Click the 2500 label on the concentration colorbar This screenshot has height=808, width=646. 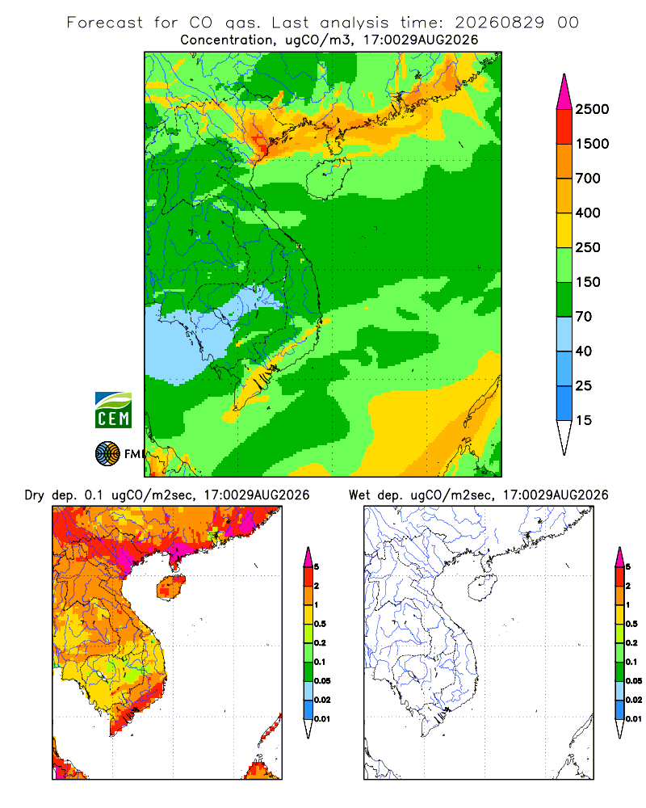click(592, 109)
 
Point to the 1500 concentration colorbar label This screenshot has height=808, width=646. click(592, 144)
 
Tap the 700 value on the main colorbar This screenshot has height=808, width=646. click(588, 179)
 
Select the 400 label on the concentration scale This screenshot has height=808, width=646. click(588, 213)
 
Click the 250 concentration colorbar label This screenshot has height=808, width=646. click(588, 247)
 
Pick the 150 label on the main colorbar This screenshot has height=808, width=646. click(588, 282)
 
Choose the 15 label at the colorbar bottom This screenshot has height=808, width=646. click(584, 420)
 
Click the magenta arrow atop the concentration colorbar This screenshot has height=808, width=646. click(564, 92)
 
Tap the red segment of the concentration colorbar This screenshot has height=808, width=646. click(564, 127)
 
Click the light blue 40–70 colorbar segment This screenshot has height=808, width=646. click(564, 334)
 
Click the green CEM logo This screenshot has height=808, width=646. click(113, 410)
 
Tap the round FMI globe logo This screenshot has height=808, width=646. click(107, 454)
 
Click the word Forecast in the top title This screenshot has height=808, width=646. click(105, 23)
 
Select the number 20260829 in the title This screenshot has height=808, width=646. click(499, 23)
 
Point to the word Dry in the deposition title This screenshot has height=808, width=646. click(35, 495)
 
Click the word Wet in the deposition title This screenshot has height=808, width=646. click(359, 495)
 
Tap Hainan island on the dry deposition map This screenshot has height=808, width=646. click(170, 587)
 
